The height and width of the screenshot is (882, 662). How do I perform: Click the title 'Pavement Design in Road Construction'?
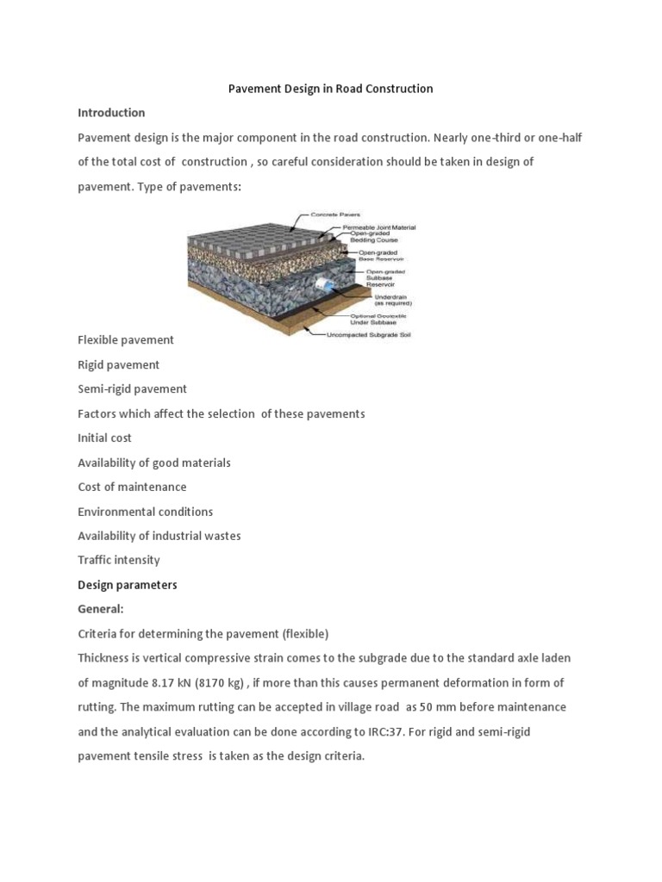[330, 89]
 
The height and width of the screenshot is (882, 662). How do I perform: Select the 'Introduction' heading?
[111, 113]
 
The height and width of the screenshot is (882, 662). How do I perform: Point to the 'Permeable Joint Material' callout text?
[379, 227]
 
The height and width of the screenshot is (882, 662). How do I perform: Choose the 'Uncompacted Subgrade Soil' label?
[369, 334]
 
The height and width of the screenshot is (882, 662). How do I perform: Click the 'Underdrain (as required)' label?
[392, 299]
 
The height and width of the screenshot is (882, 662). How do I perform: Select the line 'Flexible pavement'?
[126, 340]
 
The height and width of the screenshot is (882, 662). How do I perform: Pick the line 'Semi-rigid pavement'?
[132, 389]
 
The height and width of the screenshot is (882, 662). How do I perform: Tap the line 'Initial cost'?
[104, 438]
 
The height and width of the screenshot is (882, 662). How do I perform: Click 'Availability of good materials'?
[154, 463]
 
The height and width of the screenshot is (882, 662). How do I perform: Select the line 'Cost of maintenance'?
[132, 487]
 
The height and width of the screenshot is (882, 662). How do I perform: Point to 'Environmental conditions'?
[145, 512]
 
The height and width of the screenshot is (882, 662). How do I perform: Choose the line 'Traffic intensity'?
[119, 560]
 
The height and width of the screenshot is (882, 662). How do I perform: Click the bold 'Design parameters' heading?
[127, 585]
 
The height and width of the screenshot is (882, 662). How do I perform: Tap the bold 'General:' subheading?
[101, 609]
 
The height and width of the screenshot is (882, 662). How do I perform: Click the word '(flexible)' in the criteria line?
[300, 634]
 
